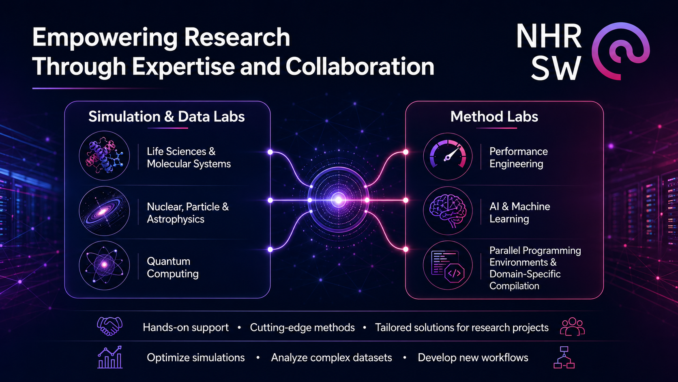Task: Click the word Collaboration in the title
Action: [360, 66]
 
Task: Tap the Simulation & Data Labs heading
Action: [167, 117]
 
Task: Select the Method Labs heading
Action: [494, 117]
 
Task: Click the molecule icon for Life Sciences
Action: [105, 156]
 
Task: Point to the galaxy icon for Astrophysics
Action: [105, 211]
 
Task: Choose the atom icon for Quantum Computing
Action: [105, 265]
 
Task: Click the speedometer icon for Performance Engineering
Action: [448, 156]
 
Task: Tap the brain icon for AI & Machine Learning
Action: [448, 211]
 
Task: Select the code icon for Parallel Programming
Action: [448, 265]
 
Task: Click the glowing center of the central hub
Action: [339, 200]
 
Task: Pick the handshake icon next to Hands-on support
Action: [109, 326]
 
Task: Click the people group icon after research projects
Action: [572, 326]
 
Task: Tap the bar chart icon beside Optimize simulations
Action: [110, 357]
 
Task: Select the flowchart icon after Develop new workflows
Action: [564, 358]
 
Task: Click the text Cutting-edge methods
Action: [303, 328]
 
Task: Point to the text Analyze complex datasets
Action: [331, 358]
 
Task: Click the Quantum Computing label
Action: [173, 268]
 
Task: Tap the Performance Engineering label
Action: [519, 158]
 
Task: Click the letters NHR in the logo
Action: [549, 37]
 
